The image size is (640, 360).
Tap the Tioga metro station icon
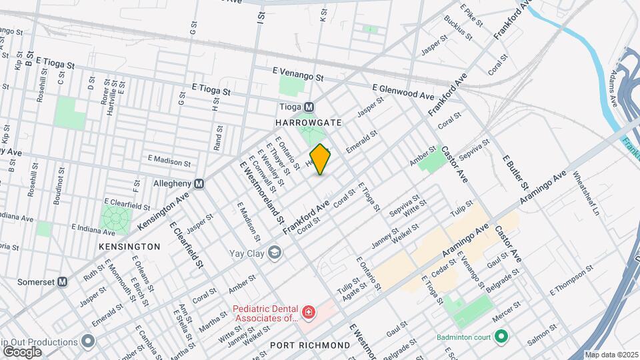309,107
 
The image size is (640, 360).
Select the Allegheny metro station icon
199,183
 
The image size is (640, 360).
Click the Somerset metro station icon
62,281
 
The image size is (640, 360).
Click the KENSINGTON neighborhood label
129,247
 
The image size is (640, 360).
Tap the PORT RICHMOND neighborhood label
310,345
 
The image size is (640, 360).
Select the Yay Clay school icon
274,252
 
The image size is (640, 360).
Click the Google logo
22,351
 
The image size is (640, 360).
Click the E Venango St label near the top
297,73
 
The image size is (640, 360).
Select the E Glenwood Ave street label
403,88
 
